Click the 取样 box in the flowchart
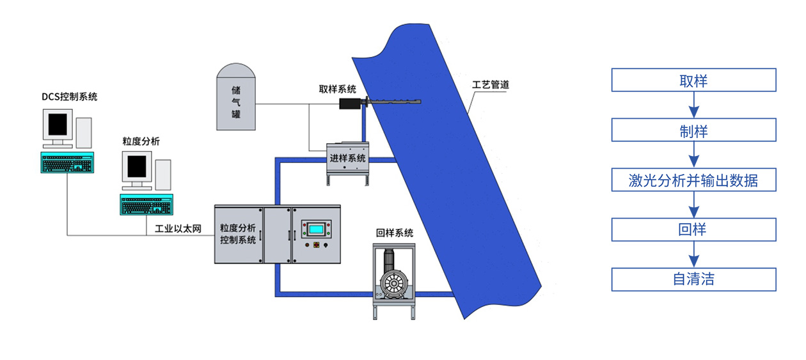point(693,81)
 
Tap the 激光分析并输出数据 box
point(693,180)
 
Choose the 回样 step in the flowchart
point(693,230)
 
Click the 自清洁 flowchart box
point(693,279)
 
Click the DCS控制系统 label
point(70,97)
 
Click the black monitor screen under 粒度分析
point(137,168)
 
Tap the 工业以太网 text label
point(178,228)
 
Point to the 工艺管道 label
point(491,84)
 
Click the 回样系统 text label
point(394,233)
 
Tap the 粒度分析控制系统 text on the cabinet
point(238,233)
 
